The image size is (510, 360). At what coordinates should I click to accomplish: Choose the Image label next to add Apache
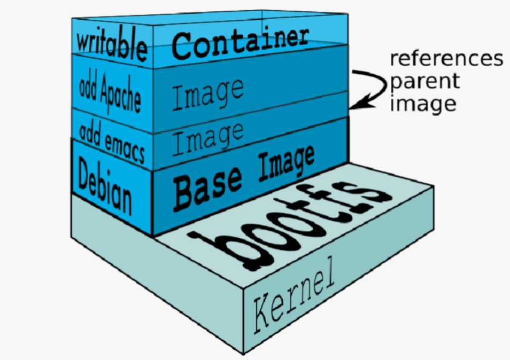208,94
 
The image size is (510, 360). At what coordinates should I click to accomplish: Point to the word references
446,58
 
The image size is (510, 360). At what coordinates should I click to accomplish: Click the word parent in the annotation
425,81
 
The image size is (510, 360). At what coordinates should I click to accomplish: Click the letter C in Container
183,46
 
